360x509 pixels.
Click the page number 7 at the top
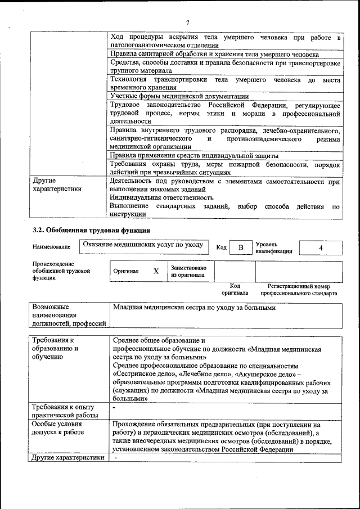click(187, 22)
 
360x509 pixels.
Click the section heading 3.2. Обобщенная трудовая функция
click(91, 230)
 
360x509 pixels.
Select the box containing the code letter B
click(241, 247)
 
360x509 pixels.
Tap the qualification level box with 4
click(321, 247)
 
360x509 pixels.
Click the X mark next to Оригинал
click(156, 271)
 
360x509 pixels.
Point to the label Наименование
click(52, 247)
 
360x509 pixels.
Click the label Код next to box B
click(222, 247)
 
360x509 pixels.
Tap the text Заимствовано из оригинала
click(188, 271)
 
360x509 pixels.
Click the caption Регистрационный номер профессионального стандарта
click(302, 290)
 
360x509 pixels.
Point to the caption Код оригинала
click(234, 290)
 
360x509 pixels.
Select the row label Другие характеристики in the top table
click(57, 185)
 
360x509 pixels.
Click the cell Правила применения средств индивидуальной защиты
click(194, 155)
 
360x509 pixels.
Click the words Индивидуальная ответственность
click(161, 197)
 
